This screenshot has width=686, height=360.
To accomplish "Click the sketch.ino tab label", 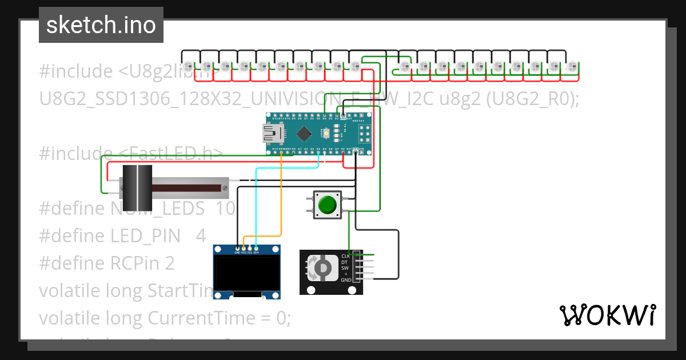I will point(101,25).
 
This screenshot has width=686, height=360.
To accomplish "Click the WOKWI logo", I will point(607,315).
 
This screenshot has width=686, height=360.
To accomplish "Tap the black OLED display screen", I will point(247,273).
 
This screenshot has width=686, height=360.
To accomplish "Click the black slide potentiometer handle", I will point(138,187).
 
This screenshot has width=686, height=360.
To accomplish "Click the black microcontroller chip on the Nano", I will point(304,134).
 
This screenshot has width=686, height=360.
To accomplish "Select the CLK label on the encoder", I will point(345,256).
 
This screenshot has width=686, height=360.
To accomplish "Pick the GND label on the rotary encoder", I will point(346,281).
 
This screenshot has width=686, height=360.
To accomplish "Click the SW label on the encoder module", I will point(345,268).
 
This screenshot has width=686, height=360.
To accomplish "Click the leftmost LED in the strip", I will point(189,66).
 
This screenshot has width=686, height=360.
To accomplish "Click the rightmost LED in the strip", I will point(571,66).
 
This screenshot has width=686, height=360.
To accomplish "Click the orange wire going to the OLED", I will point(282,200).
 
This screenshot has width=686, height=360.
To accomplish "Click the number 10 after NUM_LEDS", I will point(225,209).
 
